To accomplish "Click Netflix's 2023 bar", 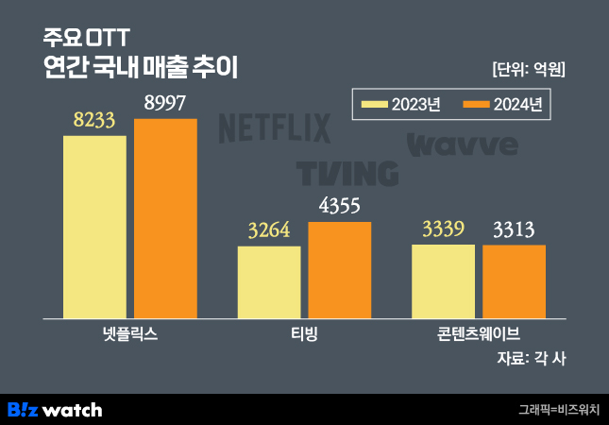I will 94,227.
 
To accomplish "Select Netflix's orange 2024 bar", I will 165,218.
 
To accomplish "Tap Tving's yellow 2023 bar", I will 269,282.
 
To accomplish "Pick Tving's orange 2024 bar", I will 340,270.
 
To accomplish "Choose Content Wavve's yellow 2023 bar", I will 443,281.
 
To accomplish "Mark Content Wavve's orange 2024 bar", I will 514,281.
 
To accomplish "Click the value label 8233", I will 93,120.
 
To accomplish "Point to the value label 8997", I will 165,103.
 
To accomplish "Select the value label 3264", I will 269,231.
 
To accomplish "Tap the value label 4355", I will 340,207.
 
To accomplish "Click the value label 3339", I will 443,229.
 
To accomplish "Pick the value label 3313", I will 514,229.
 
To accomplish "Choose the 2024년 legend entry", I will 501,104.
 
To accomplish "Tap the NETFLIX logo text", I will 274,128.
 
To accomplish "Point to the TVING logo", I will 347,173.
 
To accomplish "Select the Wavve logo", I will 463,144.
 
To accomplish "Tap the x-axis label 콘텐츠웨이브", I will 479,333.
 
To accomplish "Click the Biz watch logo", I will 55,409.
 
